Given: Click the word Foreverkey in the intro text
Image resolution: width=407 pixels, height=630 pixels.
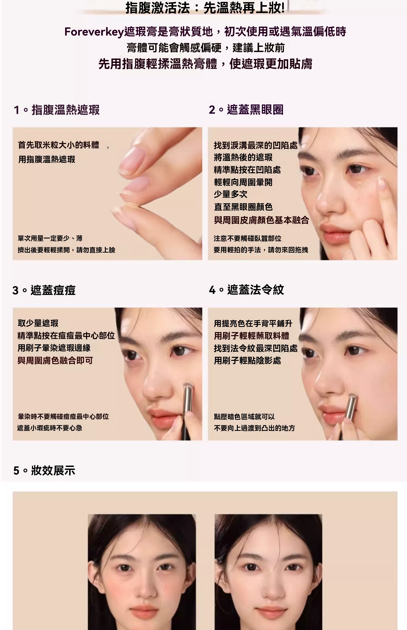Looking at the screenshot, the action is click(94, 32).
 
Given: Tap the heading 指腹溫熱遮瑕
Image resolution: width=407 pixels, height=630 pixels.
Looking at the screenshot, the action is click(66, 110).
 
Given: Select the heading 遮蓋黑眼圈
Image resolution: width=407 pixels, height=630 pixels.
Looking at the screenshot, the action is click(255, 110).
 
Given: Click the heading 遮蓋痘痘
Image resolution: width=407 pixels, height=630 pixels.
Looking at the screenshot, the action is click(53, 290).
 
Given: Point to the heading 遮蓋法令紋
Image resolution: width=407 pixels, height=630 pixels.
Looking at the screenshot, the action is click(256, 290).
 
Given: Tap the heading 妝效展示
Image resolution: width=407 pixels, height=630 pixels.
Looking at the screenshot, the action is click(53, 470).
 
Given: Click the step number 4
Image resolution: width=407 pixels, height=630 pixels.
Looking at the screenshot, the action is click(212, 290).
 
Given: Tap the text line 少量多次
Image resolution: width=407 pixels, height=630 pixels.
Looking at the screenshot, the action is click(231, 194).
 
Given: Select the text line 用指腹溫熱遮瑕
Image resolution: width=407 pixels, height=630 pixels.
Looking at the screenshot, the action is click(47, 159).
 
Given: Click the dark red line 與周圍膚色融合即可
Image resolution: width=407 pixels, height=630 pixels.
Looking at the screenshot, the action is click(55, 361).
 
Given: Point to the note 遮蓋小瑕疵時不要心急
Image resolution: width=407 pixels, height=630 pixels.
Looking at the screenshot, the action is click(50, 428).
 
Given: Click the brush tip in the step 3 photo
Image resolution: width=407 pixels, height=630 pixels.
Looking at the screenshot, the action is click(187, 386).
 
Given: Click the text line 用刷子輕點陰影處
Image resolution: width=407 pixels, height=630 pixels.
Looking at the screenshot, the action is click(247, 361).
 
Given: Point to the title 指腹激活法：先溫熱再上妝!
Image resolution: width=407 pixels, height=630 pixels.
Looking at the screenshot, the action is click(205, 8).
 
